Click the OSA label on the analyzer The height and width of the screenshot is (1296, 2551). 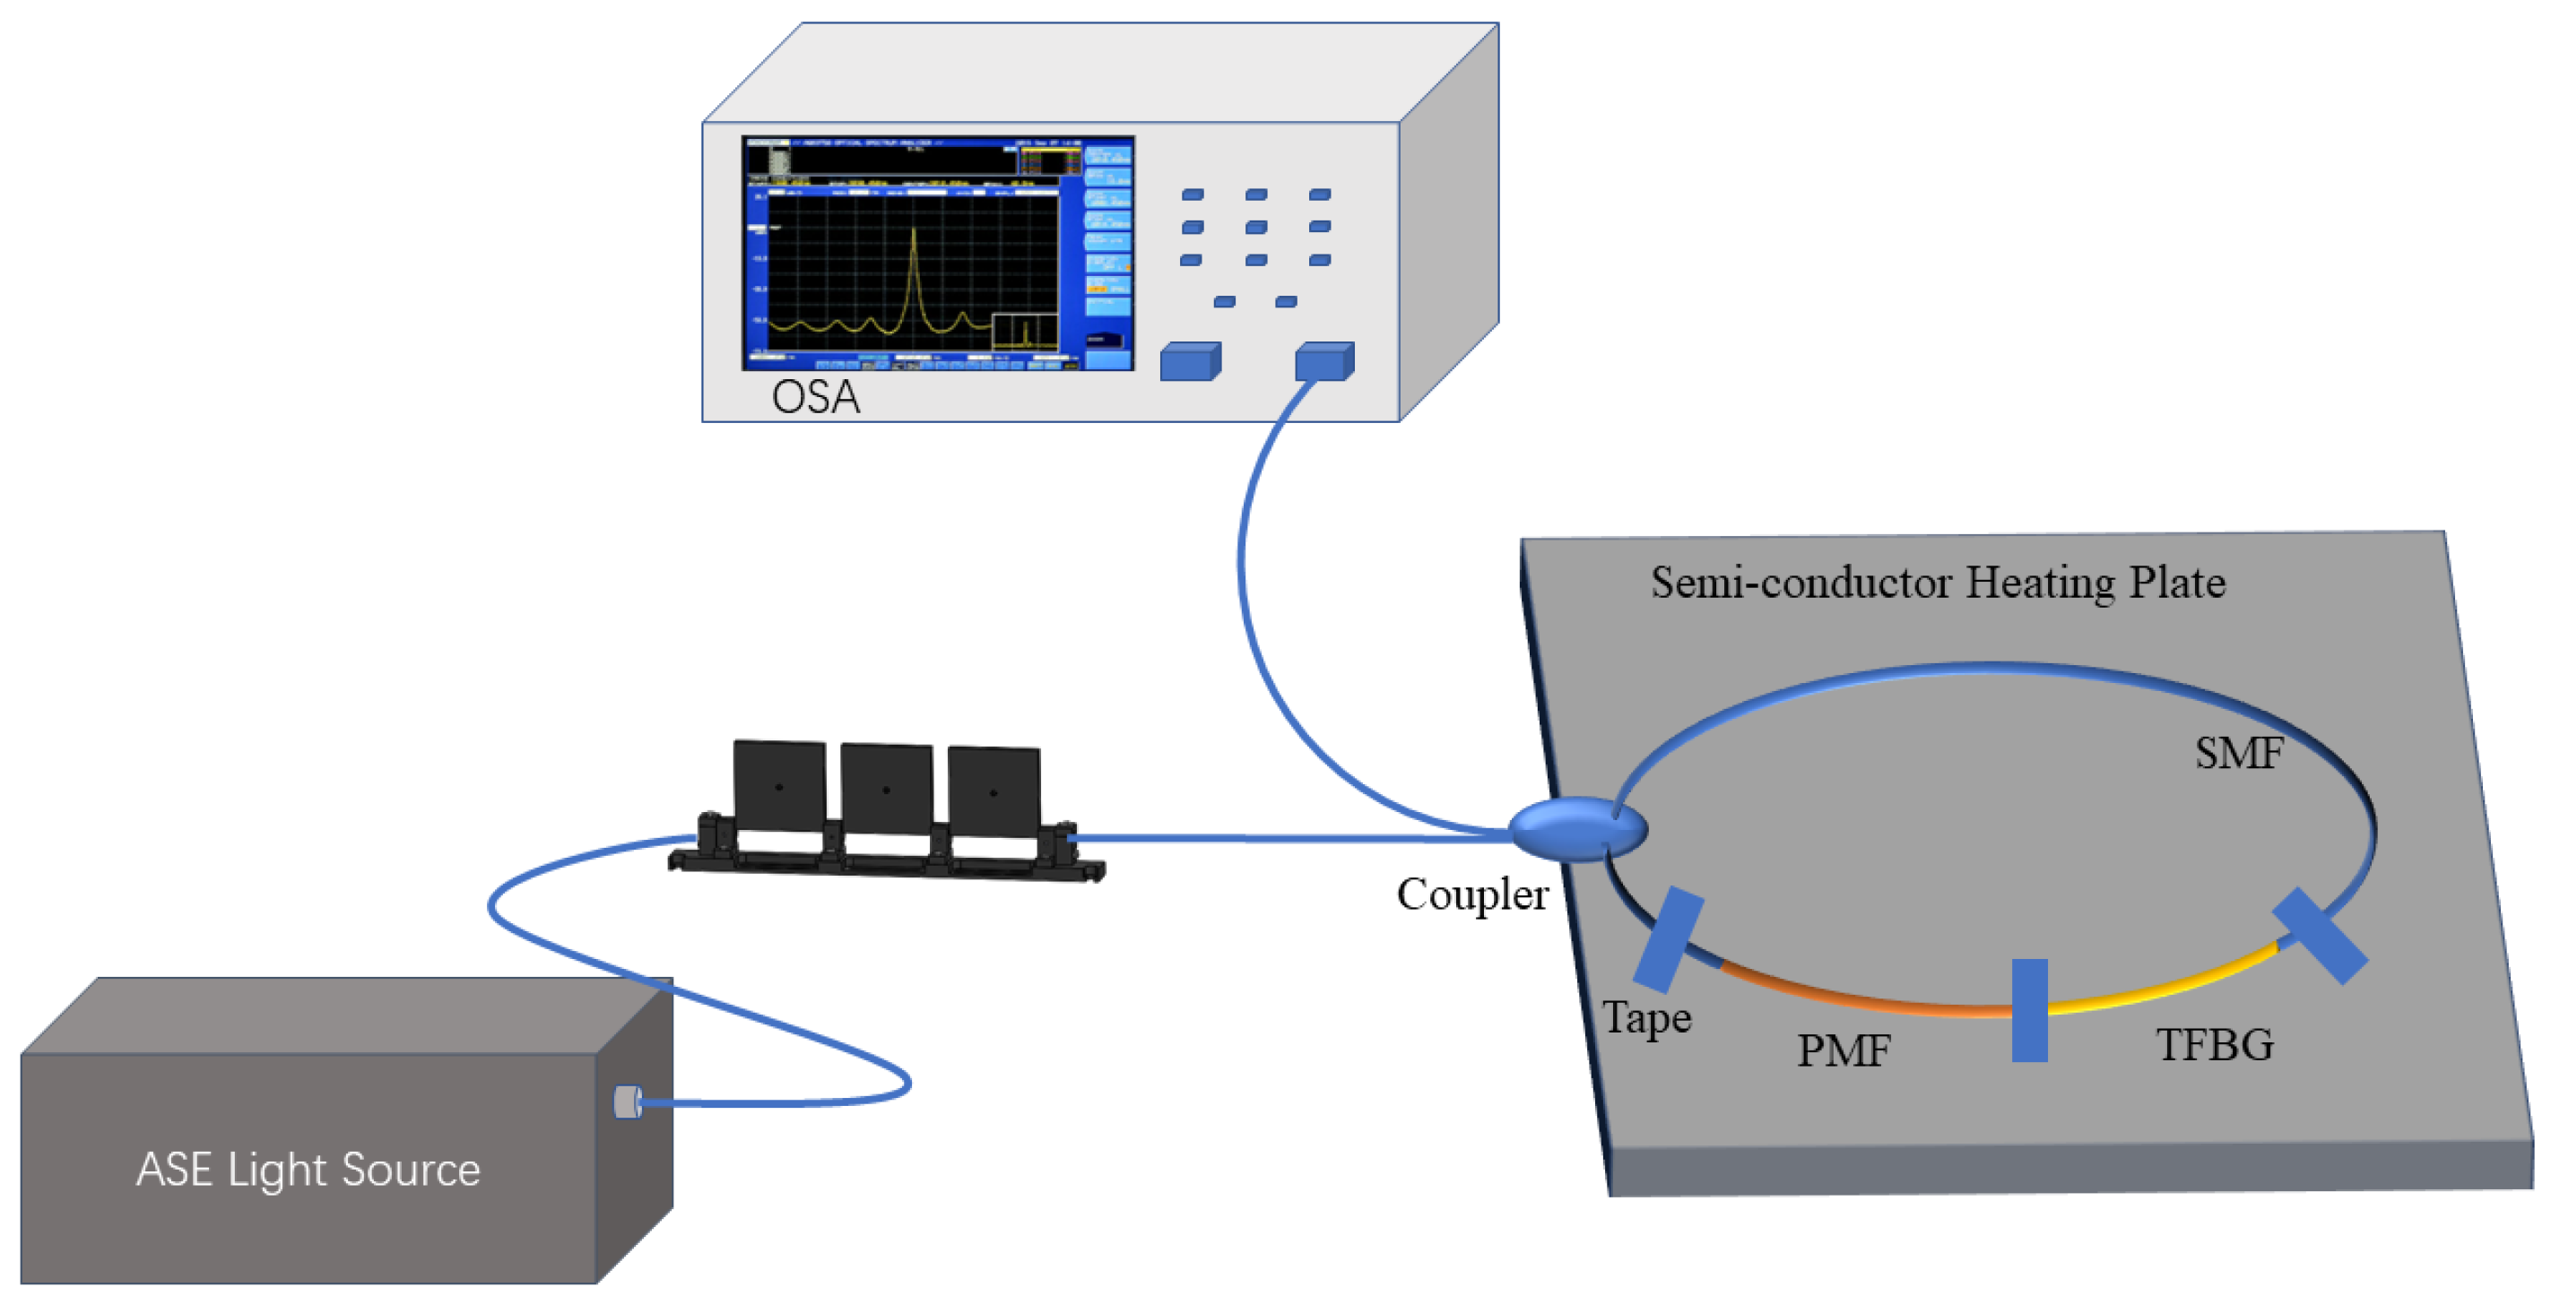click(x=815, y=397)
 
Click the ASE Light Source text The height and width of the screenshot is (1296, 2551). click(x=308, y=1170)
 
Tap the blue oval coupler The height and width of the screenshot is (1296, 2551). click(x=1575, y=830)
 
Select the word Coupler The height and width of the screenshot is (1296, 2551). click(x=1471, y=895)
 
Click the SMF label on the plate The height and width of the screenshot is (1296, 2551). click(x=2239, y=754)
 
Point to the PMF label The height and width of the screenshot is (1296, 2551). click(x=1843, y=1050)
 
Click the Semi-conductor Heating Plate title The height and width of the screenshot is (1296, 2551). click(x=1937, y=583)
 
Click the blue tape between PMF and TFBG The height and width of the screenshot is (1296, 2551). click(x=2029, y=1010)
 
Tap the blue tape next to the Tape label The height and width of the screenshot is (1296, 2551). click(x=1669, y=939)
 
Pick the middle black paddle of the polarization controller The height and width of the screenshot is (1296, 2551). click(x=886, y=789)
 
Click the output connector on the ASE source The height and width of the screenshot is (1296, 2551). click(x=627, y=1102)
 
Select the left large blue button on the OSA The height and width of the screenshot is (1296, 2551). click(x=1189, y=362)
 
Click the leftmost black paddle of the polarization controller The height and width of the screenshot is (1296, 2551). click(x=779, y=786)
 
